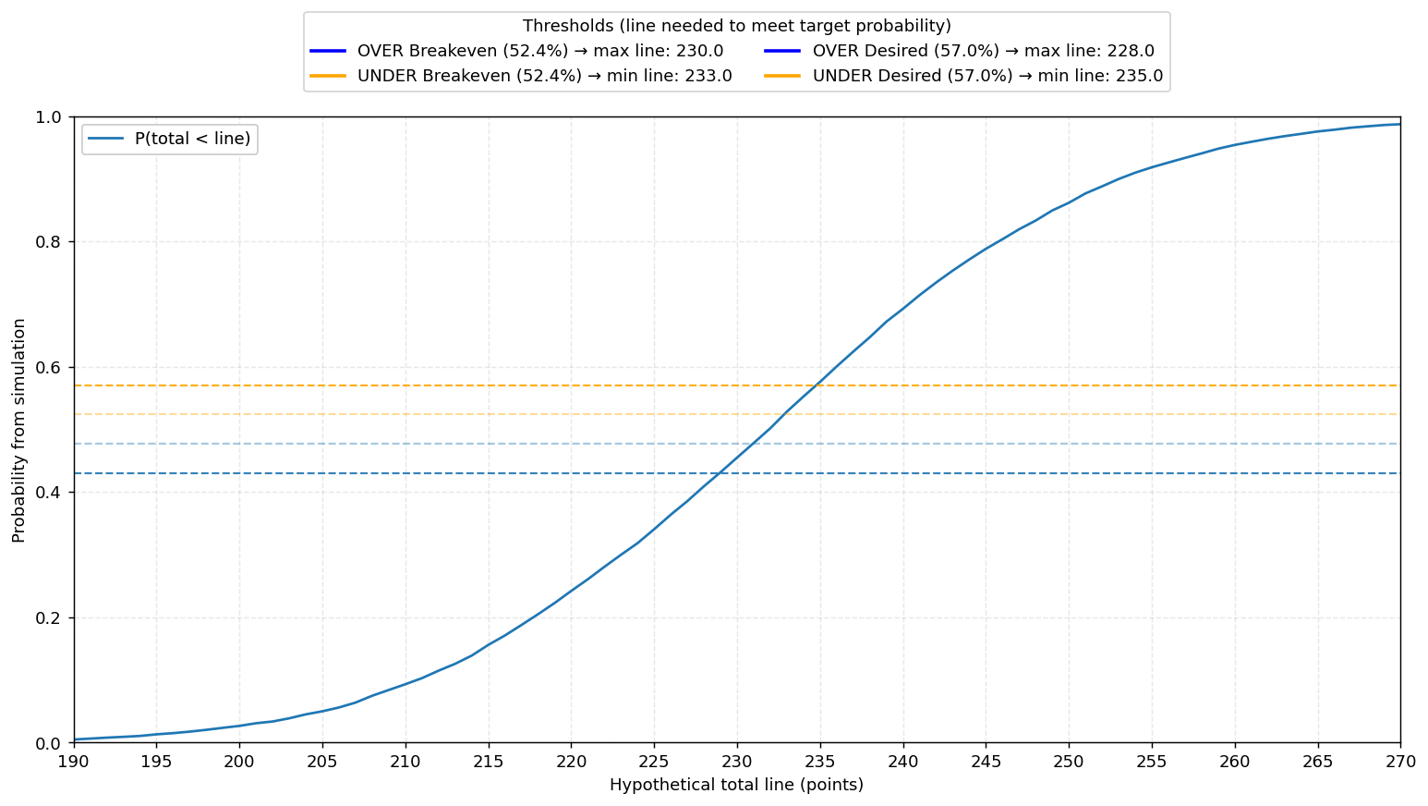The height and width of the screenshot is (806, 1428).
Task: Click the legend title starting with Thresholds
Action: [736, 26]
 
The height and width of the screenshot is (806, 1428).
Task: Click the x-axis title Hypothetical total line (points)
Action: [736, 785]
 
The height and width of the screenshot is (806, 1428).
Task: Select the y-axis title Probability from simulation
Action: [18, 430]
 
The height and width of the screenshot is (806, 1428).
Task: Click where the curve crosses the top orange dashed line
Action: [817, 385]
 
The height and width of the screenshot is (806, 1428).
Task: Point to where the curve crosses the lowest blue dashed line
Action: [720, 473]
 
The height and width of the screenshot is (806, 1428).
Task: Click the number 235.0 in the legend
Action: [1141, 76]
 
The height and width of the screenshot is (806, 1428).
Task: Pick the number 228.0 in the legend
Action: [1132, 51]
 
